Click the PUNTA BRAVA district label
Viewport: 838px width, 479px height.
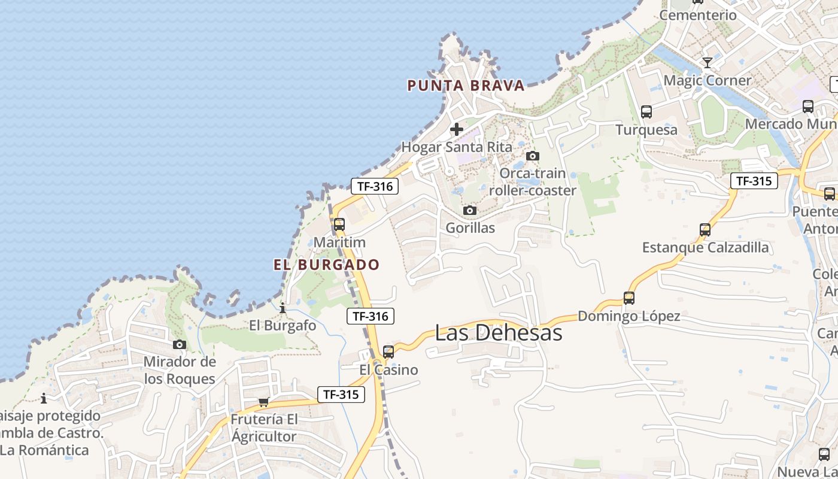click(466, 86)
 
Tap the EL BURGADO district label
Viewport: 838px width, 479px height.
click(327, 265)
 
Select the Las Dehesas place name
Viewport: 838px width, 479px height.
click(499, 333)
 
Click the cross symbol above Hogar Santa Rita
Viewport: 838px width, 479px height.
click(457, 129)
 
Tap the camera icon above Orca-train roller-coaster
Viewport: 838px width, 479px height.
click(532, 156)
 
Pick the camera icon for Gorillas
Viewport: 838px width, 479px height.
click(470, 211)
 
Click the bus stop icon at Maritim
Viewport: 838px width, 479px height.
click(339, 225)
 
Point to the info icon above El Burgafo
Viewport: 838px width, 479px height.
click(283, 308)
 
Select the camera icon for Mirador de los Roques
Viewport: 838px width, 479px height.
click(179, 344)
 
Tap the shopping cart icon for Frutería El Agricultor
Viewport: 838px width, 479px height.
click(263, 402)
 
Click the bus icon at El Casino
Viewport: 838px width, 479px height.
click(388, 352)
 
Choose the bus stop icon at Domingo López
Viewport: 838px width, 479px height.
click(629, 298)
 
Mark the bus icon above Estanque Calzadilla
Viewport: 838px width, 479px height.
click(705, 229)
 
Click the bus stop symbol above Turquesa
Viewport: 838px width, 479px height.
click(646, 111)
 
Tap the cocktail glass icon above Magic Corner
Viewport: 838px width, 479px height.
click(708, 62)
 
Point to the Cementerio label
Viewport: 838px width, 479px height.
click(698, 16)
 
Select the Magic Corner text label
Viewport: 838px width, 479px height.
click(708, 80)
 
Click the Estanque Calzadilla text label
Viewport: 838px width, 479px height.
click(705, 247)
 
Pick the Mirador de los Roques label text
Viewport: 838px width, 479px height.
click(180, 371)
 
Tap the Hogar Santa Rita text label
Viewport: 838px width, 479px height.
click(457, 147)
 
